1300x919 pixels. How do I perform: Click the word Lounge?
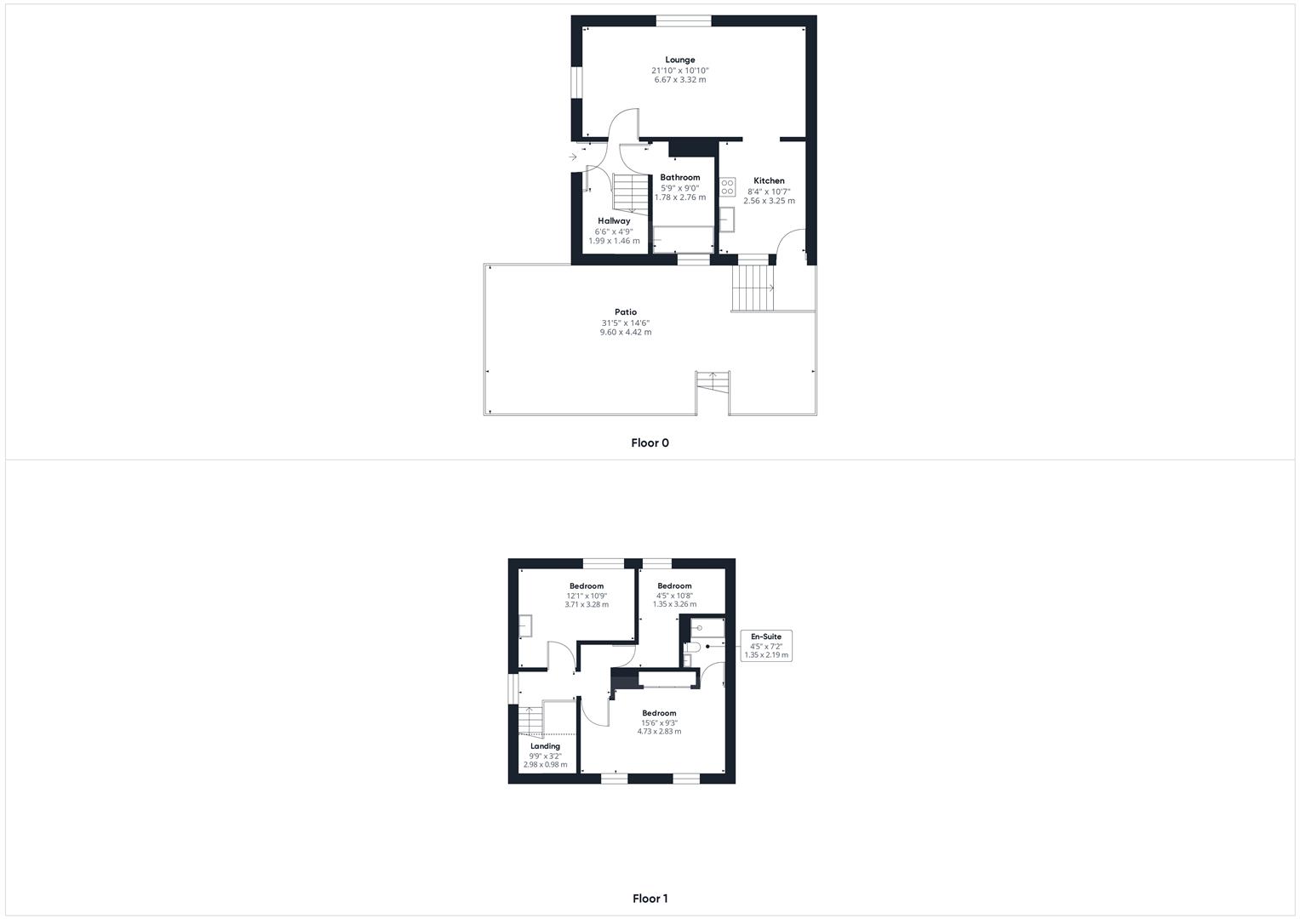pyautogui.click(x=679, y=60)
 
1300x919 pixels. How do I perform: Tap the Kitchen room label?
pyautogui.click(x=769, y=180)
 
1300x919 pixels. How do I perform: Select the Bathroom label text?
pyautogui.click(x=679, y=178)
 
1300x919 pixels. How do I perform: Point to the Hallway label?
pyautogui.click(x=613, y=221)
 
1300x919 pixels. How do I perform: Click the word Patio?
pyautogui.click(x=626, y=312)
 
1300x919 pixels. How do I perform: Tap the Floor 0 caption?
pyautogui.click(x=650, y=442)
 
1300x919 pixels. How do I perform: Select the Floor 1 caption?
pyautogui.click(x=650, y=898)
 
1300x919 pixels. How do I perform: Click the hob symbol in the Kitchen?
pyautogui.click(x=727, y=187)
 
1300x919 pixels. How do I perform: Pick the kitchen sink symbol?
pyautogui.click(x=727, y=220)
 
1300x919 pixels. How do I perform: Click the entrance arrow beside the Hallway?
pyautogui.click(x=573, y=157)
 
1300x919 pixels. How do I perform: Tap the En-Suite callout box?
pyautogui.click(x=766, y=646)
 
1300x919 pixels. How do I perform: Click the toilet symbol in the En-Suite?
pyautogui.click(x=690, y=649)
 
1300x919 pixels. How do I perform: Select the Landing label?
pyautogui.click(x=545, y=746)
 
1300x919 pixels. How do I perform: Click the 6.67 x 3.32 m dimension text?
pyautogui.click(x=679, y=80)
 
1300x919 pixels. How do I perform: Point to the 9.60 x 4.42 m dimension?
pyautogui.click(x=626, y=333)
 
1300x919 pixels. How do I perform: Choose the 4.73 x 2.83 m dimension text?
pyautogui.click(x=659, y=732)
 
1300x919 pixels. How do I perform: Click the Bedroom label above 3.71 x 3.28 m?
pyautogui.click(x=587, y=586)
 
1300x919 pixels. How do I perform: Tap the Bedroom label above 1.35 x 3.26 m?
pyautogui.click(x=674, y=586)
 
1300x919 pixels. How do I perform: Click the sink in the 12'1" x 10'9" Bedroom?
pyautogui.click(x=524, y=625)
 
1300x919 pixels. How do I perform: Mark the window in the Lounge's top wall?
pyautogui.click(x=684, y=21)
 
